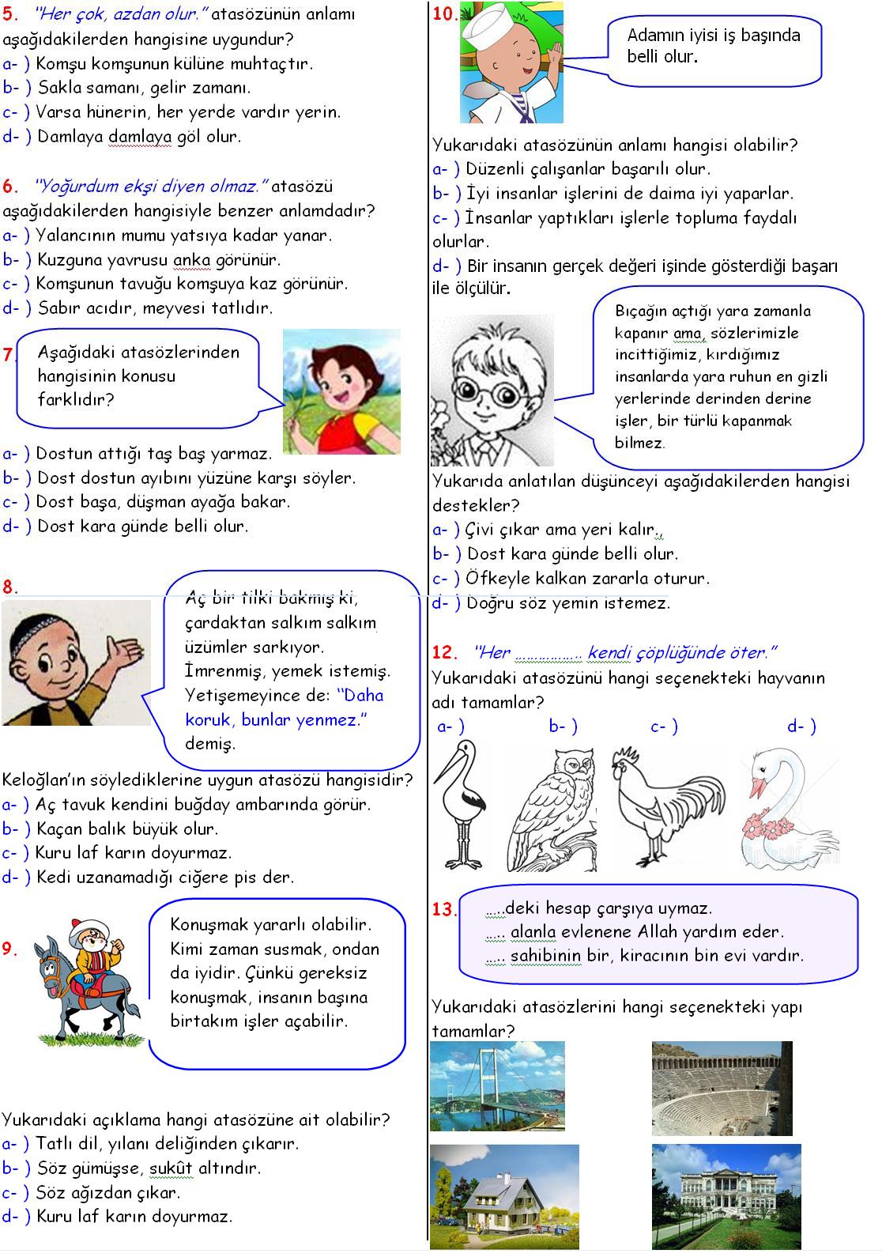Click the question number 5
click(10, 14)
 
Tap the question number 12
click(445, 653)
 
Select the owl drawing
click(552, 806)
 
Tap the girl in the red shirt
click(341, 391)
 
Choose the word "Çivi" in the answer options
click(482, 530)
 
